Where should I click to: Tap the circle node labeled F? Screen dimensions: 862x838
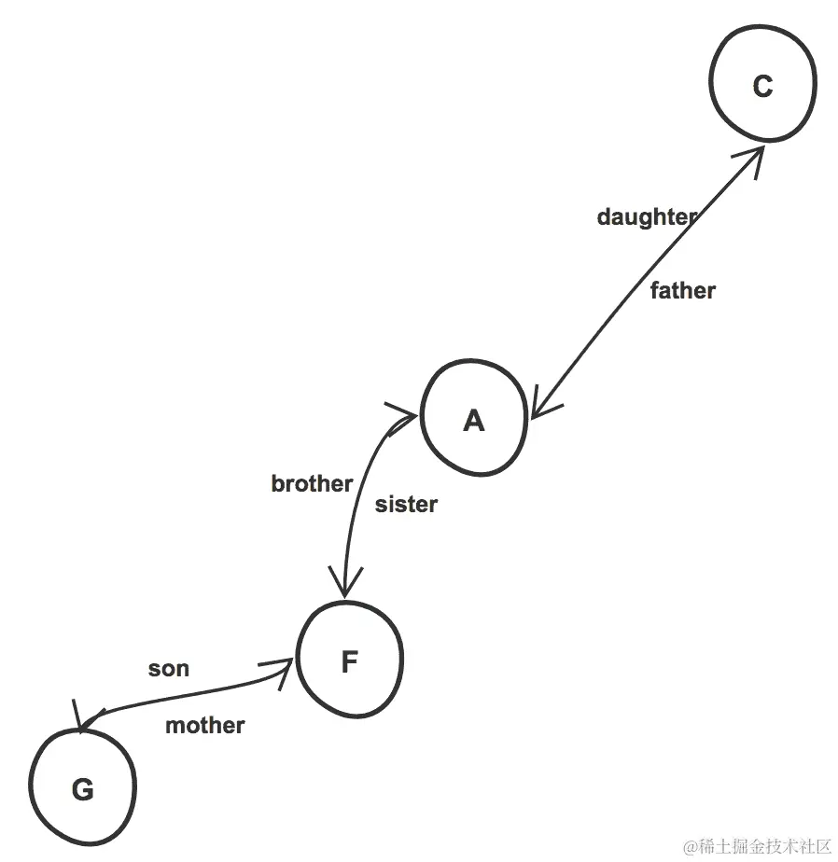[x=349, y=660]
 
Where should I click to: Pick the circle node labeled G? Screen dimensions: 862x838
[x=82, y=788]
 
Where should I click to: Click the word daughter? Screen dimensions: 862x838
[x=647, y=217]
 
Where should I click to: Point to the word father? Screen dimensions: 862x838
[x=682, y=291]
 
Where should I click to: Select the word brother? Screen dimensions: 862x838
[x=312, y=483]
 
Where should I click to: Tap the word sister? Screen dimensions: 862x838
[x=406, y=505]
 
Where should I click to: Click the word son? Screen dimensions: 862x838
[x=169, y=669]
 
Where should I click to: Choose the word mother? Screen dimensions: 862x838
[x=205, y=726]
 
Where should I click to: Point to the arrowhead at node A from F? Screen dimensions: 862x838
[x=403, y=414]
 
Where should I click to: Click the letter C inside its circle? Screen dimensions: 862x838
[x=762, y=86]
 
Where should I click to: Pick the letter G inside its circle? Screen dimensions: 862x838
[x=82, y=790]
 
